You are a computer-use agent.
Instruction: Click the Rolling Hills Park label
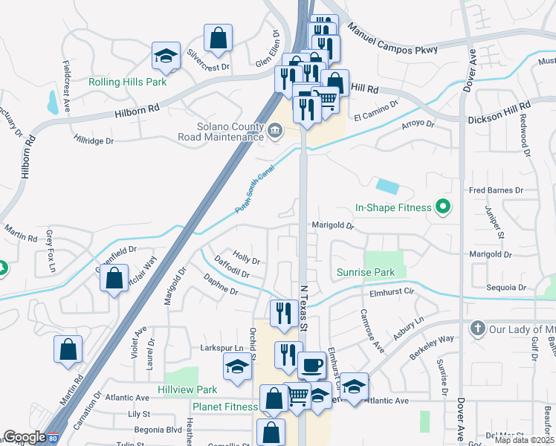[x=127, y=82]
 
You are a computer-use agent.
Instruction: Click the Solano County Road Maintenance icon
[x=274, y=132]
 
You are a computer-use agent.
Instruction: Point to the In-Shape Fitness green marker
[x=444, y=207]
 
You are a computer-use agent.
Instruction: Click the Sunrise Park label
[x=366, y=272]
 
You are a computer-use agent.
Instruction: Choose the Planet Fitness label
[x=224, y=407]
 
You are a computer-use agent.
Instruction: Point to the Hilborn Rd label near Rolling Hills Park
[x=138, y=109]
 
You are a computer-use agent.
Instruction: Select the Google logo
[x=25, y=437]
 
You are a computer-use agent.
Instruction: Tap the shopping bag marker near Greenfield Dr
[x=114, y=279]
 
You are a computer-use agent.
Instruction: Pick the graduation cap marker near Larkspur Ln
[x=237, y=366]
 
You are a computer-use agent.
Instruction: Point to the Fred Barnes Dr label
[x=496, y=190]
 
